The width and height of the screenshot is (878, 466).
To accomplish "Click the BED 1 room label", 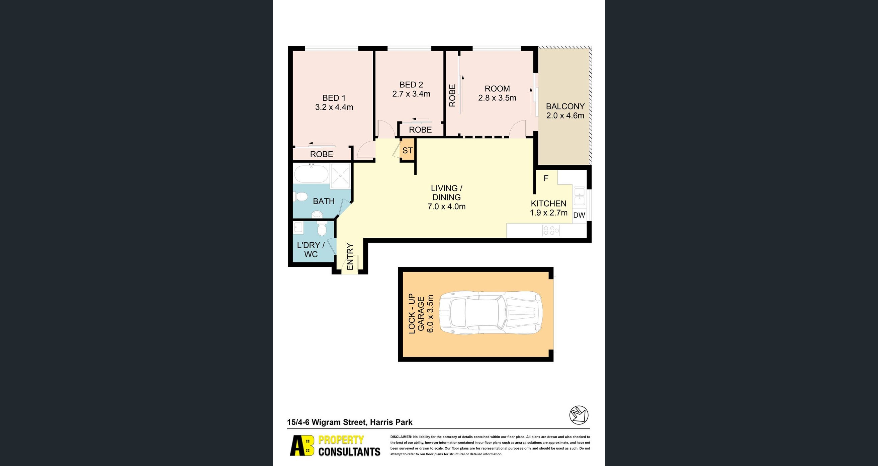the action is (334, 98).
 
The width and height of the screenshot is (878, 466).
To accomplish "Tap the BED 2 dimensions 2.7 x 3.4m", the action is (411, 94).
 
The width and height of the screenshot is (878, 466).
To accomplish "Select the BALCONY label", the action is (565, 106).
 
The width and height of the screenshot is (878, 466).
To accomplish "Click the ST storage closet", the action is (407, 150).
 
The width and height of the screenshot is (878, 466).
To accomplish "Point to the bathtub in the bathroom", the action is (311, 173).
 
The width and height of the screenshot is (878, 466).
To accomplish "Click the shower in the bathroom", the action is (340, 176).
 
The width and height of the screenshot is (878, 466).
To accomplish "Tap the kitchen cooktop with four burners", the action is (551, 231).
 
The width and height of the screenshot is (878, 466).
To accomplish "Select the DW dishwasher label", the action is (579, 215).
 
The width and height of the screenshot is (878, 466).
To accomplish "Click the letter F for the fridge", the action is (546, 178).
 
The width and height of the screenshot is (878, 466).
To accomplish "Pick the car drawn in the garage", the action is (490, 312).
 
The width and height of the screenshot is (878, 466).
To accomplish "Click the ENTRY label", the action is (350, 256).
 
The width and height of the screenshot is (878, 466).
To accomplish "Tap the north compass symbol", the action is (579, 415).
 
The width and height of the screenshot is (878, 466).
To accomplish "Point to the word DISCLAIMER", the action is (401, 437).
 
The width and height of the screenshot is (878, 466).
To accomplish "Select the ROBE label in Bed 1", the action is (322, 154).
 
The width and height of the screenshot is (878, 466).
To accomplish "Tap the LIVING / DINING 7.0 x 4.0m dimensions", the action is (446, 206).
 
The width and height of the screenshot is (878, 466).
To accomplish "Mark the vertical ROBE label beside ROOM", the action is (452, 95).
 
